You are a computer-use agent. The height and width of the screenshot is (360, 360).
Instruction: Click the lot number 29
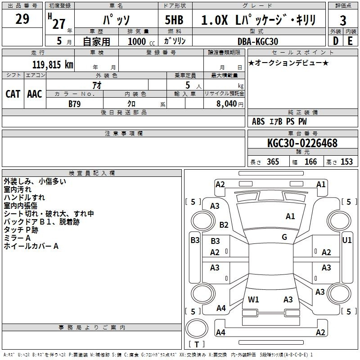(22, 19)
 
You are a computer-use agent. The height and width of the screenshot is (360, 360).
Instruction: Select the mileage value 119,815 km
(53, 64)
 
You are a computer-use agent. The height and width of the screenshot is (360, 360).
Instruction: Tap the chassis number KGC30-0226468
(302, 143)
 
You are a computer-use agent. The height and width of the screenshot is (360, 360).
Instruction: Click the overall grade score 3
(343, 21)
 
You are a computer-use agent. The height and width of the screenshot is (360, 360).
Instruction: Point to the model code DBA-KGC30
(258, 41)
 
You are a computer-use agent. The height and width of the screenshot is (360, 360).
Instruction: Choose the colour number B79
(75, 104)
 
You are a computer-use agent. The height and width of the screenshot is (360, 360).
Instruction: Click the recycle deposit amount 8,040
(227, 103)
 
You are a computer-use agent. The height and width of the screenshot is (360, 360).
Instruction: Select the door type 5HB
(174, 20)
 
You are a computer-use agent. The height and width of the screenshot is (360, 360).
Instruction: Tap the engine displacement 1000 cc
(141, 41)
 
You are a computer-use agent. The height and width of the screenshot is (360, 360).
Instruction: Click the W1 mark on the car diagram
(253, 299)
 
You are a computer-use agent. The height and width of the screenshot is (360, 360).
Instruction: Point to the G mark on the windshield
(284, 237)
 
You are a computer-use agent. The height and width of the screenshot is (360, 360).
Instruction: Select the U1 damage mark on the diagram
(346, 240)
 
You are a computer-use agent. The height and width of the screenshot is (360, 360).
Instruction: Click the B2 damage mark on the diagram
(224, 225)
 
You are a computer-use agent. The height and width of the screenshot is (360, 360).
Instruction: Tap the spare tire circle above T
(197, 328)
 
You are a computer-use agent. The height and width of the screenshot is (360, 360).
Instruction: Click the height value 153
(346, 162)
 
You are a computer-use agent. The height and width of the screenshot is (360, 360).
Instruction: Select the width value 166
(310, 162)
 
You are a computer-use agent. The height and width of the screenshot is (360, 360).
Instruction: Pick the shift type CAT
(13, 94)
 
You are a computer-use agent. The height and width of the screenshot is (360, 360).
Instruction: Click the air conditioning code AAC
(35, 94)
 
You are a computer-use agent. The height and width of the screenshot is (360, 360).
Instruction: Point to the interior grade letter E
(350, 41)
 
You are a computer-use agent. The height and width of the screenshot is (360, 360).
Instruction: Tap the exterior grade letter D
(336, 41)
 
